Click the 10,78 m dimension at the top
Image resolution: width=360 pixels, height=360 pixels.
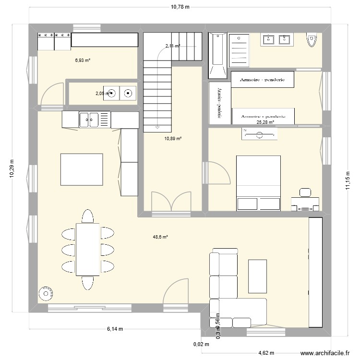click(x=180, y=7)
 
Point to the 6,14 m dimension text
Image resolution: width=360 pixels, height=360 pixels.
click(x=115, y=329)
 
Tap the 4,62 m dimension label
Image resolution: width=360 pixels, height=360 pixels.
click(x=265, y=351)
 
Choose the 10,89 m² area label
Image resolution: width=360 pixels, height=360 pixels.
click(x=173, y=139)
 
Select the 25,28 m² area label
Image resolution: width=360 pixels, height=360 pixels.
click(x=265, y=122)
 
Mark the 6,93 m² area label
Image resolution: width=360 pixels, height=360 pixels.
click(x=82, y=60)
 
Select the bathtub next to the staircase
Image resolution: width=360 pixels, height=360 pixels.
click(x=217, y=55)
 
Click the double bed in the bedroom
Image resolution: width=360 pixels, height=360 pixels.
click(x=258, y=183)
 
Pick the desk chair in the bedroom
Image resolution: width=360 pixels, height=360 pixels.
click(x=305, y=192)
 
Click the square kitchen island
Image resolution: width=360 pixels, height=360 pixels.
click(x=81, y=169)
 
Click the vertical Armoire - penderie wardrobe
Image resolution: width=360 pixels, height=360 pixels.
click(x=215, y=103)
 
